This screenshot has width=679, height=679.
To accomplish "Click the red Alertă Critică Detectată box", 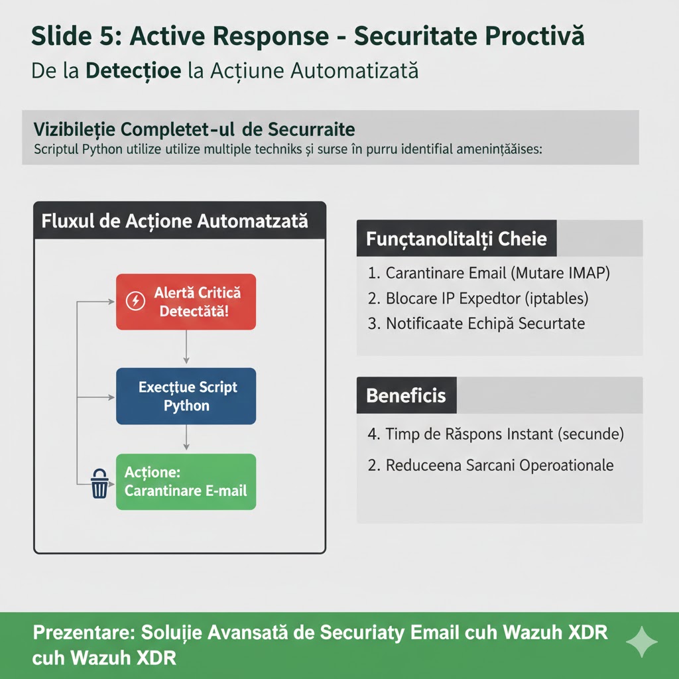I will pyautogui.click(x=186, y=302).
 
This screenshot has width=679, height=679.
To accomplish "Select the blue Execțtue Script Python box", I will pyautogui.click(x=186, y=396).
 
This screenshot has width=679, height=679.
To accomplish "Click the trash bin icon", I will pyautogui.click(x=99, y=483).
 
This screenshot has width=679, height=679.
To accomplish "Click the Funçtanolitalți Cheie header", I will pyautogui.click(x=457, y=238).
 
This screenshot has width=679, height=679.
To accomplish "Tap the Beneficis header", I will pyautogui.click(x=406, y=395).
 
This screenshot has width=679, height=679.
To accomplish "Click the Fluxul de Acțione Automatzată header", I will pyautogui.click(x=175, y=221).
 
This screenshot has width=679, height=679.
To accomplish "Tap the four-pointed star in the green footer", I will pyautogui.click(x=642, y=642).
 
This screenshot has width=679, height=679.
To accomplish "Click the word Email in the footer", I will pyautogui.click(x=433, y=632).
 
